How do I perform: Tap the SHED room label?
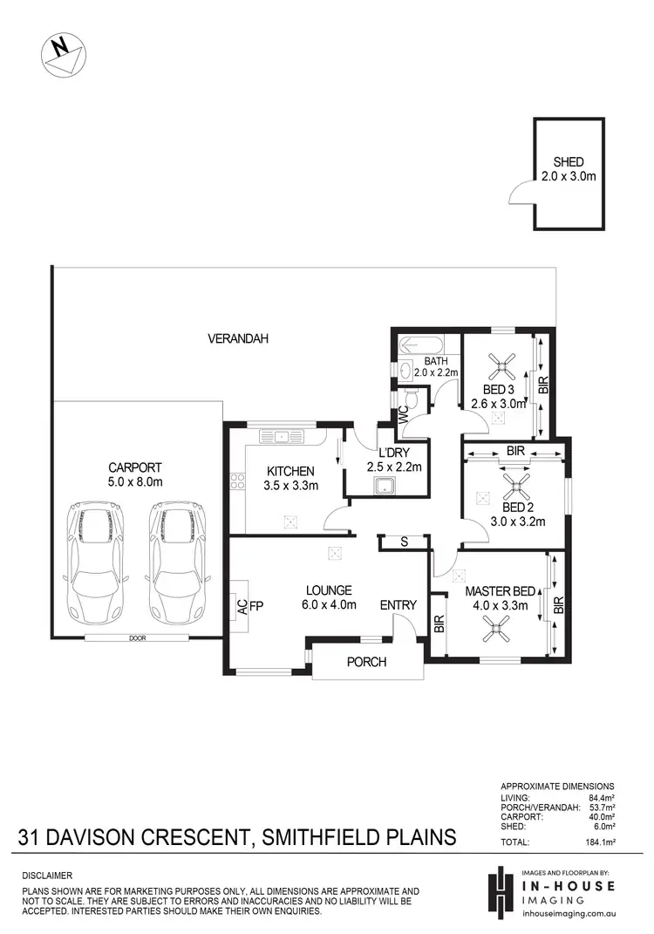click(568, 162)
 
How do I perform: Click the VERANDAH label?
click(236, 338)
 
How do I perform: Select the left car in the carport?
click(96, 560)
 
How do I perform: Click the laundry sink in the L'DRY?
click(380, 486)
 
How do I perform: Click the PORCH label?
click(366, 662)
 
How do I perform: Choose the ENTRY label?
click(398, 605)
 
